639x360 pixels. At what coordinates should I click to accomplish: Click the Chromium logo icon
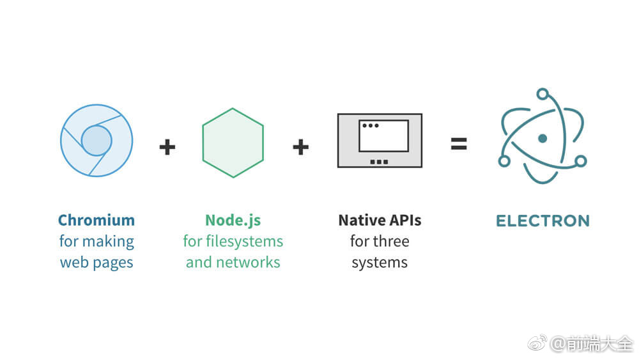[x=96, y=140]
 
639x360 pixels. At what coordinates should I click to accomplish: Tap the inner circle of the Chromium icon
[x=96, y=140]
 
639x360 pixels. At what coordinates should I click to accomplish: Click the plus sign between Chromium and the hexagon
[x=167, y=147]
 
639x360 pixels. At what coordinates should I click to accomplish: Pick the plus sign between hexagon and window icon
[x=300, y=147]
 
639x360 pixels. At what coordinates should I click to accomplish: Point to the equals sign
[x=458, y=145]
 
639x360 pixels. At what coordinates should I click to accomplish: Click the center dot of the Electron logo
[x=543, y=138]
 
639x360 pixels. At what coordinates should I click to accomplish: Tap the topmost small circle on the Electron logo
[x=543, y=95]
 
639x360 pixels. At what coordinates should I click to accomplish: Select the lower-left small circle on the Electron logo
[x=504, y=161]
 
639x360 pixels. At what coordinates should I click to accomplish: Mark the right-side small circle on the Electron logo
[x=580, y=161]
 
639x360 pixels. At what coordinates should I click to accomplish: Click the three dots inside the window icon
[x=370, y=126]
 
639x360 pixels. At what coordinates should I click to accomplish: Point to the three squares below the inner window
[x=379, y=162]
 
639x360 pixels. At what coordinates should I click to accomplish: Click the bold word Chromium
[x=96, y=221]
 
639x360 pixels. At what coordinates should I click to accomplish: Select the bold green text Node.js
[x=233, y=221]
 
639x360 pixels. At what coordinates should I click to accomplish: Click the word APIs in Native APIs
[x=405, y=221]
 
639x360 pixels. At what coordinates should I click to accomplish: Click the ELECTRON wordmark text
[x=543, y=221]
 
